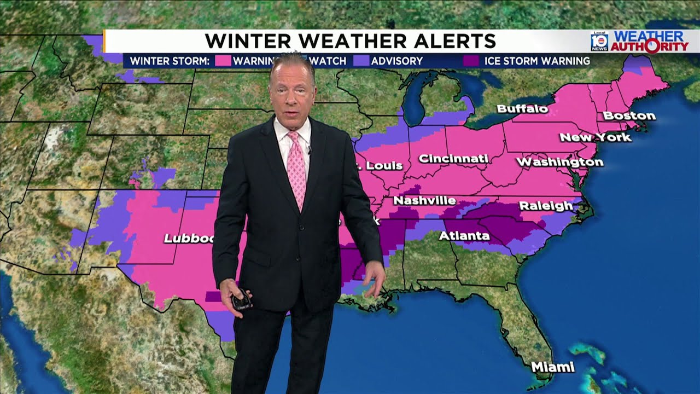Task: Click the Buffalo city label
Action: (522, 109)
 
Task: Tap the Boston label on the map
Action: (629, 116)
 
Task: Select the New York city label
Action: (596, 137)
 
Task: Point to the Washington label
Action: (560, 162)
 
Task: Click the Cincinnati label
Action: (453, 159)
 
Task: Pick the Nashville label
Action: (424, 201)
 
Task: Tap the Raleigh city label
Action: (545, 206)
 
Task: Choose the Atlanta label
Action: (464, 236)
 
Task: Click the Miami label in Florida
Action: (553, 367)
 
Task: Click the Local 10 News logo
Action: (599, 41)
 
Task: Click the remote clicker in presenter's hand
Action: (241, 300)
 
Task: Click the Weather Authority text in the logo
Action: (649, 42)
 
